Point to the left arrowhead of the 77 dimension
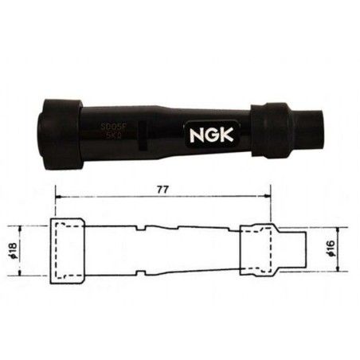(56, 198)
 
